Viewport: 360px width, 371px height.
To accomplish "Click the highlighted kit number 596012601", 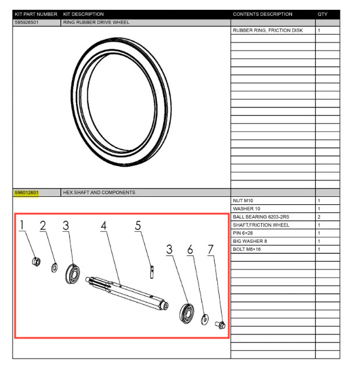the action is [27, 193].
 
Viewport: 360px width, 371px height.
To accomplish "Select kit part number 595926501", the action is [27, 23].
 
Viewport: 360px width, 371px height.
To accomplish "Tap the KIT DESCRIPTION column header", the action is [83, 14].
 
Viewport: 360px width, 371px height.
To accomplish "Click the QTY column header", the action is [322, 14].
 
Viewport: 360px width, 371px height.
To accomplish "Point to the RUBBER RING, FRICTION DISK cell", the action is [268, 31].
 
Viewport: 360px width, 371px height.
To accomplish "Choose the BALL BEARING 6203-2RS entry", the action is [261, 217].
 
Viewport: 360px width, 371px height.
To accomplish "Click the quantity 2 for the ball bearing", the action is [319, 217].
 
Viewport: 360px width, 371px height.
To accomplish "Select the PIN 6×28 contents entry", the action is [243, 233].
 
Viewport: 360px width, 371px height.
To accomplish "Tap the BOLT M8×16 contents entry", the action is [247, 249].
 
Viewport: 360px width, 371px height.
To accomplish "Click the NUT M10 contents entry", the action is [243, 201].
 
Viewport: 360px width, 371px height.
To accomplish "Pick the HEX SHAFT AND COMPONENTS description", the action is [99, 193].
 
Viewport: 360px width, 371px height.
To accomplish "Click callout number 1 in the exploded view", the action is [22, 225].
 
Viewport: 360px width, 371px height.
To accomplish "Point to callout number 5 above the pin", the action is [138, 225].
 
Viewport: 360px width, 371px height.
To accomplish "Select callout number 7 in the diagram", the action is [211, 250].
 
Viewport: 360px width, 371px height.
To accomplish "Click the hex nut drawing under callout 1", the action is [36, 261].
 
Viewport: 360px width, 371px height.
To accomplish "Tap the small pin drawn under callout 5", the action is [152, 272].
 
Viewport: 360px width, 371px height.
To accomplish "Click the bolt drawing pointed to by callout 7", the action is [221, 325].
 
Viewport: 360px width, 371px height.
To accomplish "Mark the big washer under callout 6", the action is [205, 319].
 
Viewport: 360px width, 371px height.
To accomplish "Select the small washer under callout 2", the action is [55, 268].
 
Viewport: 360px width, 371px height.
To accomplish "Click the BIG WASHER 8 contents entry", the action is [250, 241].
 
